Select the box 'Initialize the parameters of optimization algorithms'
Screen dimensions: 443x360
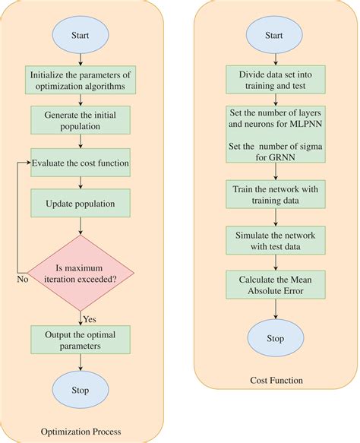[81, 81]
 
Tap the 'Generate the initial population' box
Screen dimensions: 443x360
[81, 120]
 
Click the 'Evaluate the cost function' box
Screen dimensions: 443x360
[81, 163]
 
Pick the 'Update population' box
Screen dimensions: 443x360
[81, 204]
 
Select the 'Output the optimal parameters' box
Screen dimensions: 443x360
[81, 340]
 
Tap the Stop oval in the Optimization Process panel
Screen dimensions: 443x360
[81, 391]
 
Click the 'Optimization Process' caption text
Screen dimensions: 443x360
[81, 432]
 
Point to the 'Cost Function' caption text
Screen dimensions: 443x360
[276, 380]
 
